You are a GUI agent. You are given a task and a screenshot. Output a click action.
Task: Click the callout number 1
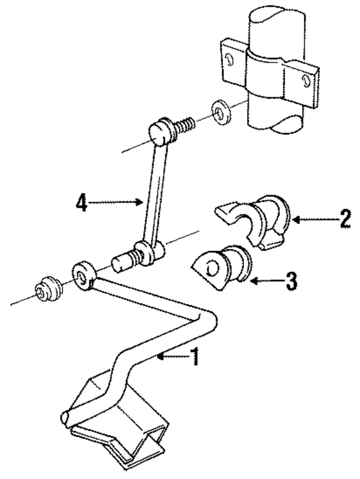coord(194,357)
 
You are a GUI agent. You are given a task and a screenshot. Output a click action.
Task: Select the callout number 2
coord(345,219)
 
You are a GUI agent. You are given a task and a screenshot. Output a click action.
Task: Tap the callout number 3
coord(289,280)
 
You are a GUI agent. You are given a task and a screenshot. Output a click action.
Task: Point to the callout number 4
coord(82,203)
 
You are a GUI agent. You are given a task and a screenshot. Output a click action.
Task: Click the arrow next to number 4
coord(115,203)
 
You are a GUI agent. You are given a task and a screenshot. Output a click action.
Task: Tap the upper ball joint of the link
coord(161,131)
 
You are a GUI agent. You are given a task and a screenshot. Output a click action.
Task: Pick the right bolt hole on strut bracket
coord(308,80)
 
